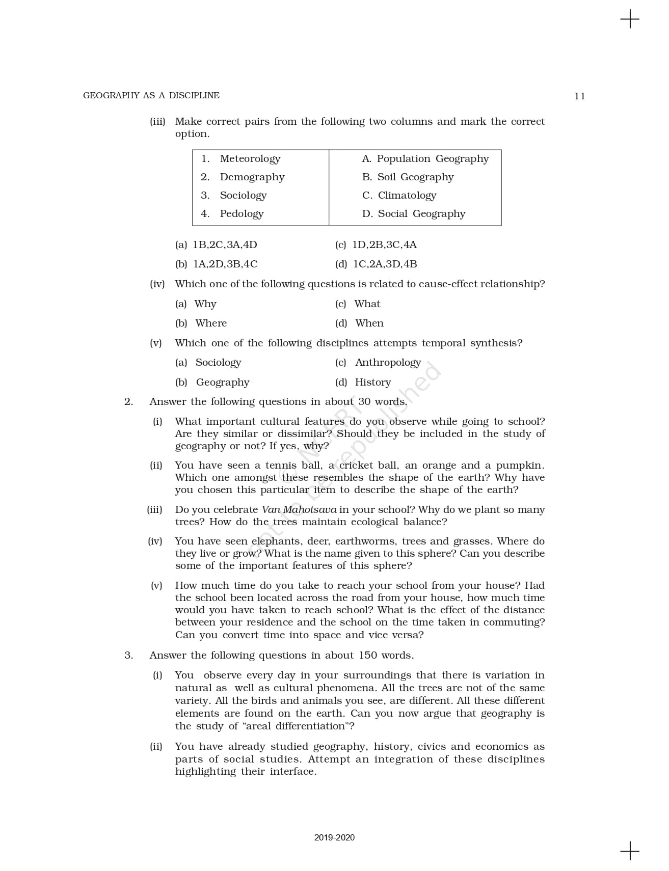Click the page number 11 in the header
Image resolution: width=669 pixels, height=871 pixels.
pos(579,96)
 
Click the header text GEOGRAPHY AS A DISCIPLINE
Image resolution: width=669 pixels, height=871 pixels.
pos(151,96)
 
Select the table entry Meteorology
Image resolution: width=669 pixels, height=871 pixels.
pos(250,159)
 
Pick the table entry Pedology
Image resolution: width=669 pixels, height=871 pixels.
pos(242,214)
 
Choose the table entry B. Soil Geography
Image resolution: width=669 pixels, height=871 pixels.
pos(408,177)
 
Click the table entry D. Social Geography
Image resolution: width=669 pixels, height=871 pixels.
pos(414,214)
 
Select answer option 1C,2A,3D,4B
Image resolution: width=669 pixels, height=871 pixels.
pos(385,264)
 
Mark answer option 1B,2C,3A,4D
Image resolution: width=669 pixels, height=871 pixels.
pos(225,245)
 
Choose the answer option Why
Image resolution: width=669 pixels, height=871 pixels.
pos(205,304)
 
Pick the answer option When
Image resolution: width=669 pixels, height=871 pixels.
pos(369,323)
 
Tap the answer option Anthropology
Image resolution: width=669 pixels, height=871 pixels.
pos(388,363)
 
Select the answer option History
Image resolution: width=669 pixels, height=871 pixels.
pos(372,383)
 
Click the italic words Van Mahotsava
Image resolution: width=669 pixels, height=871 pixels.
pos(299,510)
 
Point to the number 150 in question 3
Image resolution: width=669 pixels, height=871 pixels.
pos(368,656)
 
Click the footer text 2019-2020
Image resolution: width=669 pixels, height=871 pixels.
pos(334,838)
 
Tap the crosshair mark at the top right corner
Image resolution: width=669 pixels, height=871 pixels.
pos(630,19)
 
